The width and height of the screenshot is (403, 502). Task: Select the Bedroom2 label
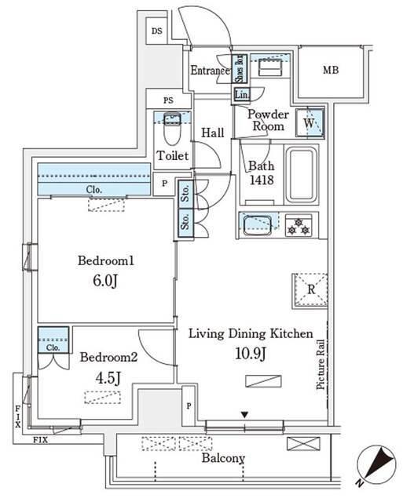109,357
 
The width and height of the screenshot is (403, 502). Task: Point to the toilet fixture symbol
172,128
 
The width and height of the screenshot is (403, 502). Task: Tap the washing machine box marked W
310,123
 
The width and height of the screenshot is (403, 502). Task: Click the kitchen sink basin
259,225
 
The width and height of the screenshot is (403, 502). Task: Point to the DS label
156,32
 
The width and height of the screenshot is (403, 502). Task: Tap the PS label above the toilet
168,100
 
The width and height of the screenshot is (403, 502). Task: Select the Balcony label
223,460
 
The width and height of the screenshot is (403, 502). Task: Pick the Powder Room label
268,120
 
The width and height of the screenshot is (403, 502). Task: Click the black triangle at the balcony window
244,414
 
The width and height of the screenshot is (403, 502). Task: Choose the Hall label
213,133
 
